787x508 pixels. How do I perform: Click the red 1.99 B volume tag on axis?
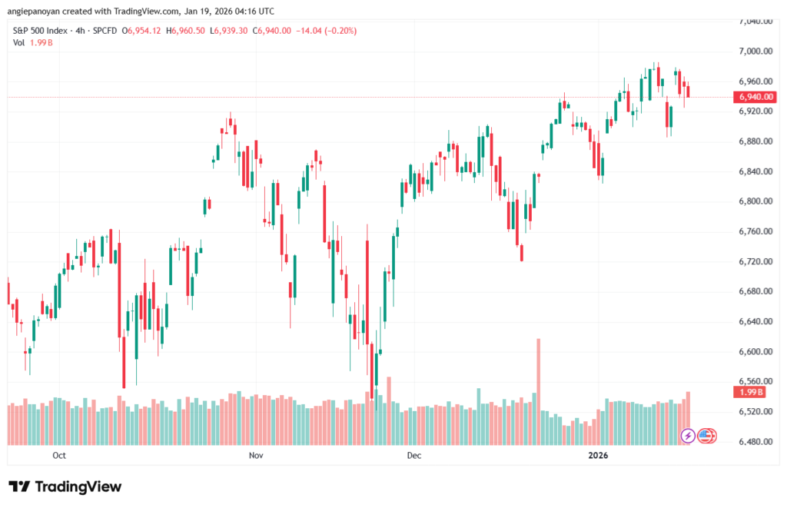749,392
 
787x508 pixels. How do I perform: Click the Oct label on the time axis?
59,456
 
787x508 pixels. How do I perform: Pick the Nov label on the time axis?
256,456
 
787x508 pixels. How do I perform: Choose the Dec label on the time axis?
414,456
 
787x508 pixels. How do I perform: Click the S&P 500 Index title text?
43,30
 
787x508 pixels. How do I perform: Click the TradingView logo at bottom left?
65,486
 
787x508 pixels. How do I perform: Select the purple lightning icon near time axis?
688,436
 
